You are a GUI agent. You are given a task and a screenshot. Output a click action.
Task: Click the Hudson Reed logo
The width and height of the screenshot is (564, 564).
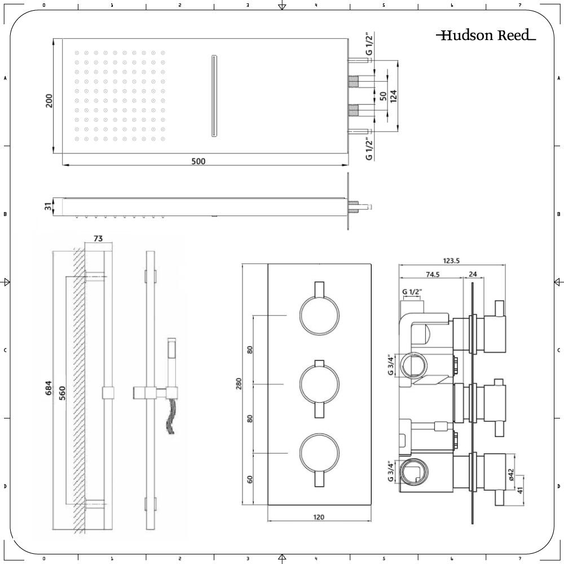[x=486, y=36]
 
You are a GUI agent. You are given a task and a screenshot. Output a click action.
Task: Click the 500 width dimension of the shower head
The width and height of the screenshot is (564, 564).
[x=198, y=161]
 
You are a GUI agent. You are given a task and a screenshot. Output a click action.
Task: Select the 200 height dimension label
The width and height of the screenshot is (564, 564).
[x=49, y=100]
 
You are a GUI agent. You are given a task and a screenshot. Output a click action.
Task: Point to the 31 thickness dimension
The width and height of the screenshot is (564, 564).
[x=49, y=207]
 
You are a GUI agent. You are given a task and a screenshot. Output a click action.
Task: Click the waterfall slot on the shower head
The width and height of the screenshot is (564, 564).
[x=213, y=95]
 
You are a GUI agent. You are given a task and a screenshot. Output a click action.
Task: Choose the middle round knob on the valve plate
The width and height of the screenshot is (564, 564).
[x=319, y=384]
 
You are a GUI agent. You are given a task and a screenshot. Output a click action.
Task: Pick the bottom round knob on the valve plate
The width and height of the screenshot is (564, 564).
[x=319, y=453]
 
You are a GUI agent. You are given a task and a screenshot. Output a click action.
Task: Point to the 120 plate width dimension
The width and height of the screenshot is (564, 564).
[x=319, y=517]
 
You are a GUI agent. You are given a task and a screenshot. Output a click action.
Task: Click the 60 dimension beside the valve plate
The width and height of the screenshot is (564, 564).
[x=250, y=479]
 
